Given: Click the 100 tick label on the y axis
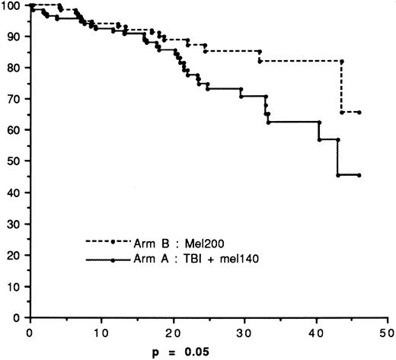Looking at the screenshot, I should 11,6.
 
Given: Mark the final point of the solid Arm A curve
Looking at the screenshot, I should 359,175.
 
